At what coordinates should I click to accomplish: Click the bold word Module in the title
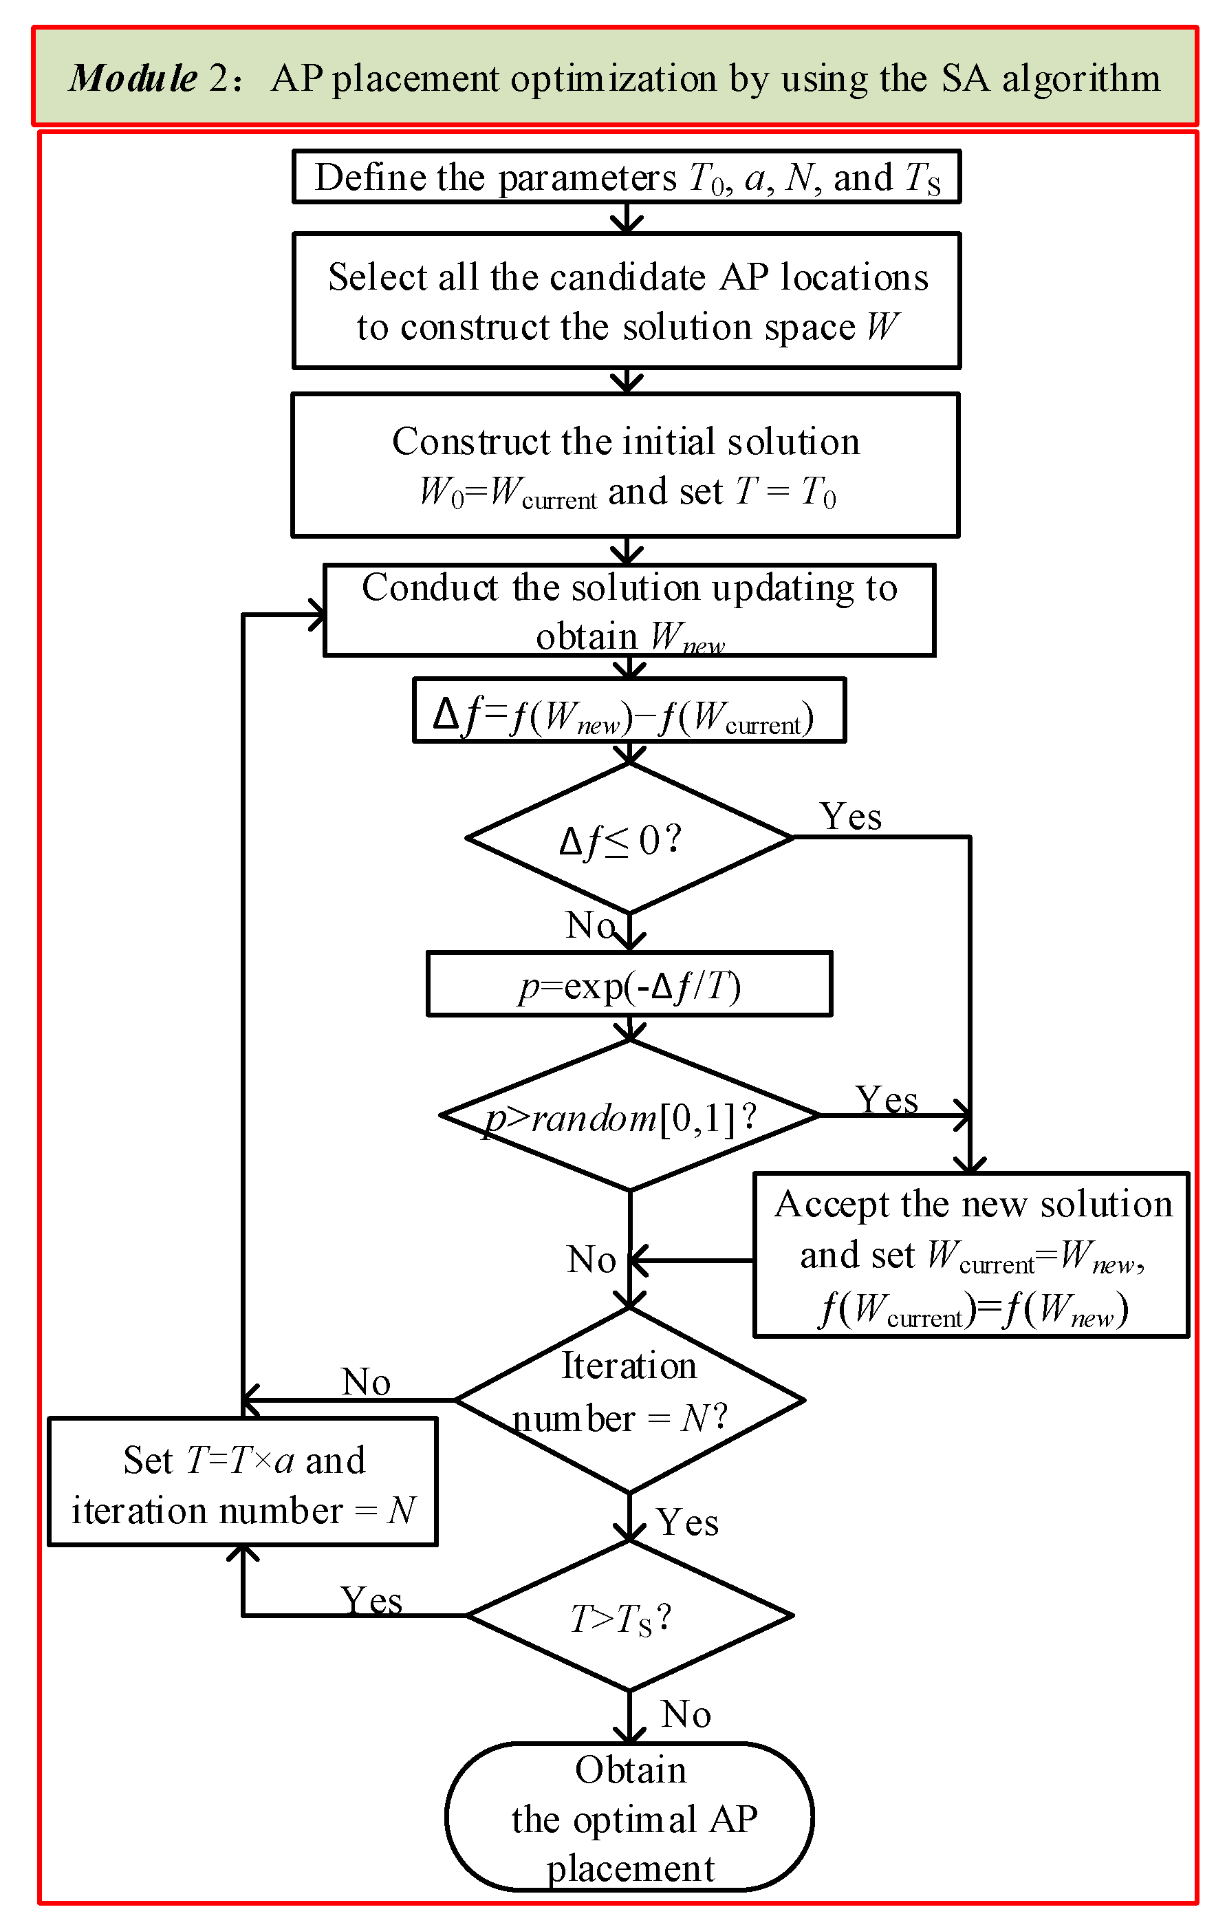click(133, 78)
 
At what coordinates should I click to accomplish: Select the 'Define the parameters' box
click(627, 177)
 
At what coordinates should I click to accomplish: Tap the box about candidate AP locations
click(627, 301)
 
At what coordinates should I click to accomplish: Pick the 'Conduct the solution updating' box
click(629, 611)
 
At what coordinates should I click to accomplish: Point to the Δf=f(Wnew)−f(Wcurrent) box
click(629, 711)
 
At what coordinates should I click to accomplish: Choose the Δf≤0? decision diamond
click(629, 838)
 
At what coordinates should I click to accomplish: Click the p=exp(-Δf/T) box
click(629, 984)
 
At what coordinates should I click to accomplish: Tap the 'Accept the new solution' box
click(970, 1254)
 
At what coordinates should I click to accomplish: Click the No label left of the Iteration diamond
click(366, 1381)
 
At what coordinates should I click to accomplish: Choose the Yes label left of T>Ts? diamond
click(371, 1600)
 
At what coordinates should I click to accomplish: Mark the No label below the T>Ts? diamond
click(686, 1714)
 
